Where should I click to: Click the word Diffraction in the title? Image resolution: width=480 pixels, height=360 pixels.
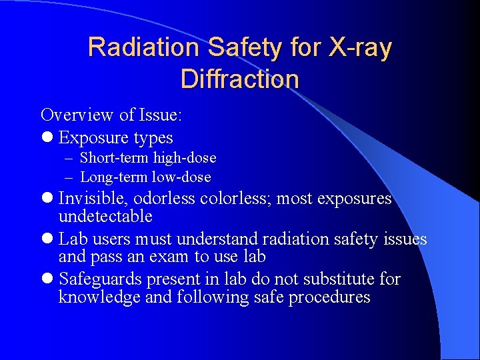[239, 79]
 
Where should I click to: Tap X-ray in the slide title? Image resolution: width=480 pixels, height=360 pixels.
[359, 47]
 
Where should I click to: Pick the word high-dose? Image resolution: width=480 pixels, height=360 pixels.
[185, 158]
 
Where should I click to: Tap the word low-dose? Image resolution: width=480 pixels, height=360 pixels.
[180, 177]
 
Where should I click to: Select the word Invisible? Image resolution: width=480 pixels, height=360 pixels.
[93, 199]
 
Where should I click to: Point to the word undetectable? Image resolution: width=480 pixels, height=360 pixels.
[105, 217]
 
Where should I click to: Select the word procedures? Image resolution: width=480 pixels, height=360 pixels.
[329, 297]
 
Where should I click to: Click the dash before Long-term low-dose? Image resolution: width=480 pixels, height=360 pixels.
[70, 177]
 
